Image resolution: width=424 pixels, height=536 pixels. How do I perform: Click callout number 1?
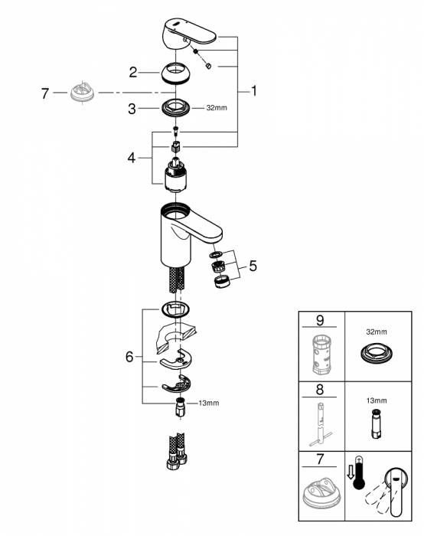253,91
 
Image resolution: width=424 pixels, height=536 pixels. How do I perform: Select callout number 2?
132,73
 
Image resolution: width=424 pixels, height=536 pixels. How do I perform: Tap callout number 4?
132,159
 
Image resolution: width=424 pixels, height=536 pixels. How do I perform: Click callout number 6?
129,357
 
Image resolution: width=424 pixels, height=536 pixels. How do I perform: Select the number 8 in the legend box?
320,390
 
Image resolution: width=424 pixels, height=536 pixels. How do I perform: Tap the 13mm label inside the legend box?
377,400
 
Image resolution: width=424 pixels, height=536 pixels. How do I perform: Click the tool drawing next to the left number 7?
80,93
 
